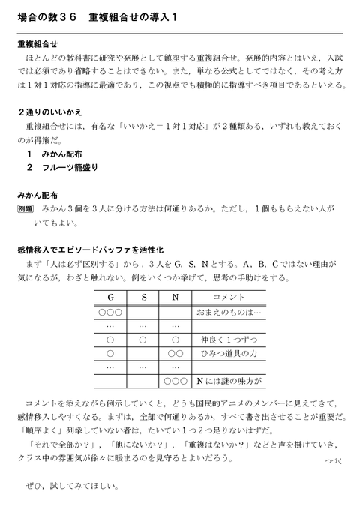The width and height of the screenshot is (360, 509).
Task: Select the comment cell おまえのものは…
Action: tap(228, 312)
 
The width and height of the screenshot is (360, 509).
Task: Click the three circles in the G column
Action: tap(110, 312)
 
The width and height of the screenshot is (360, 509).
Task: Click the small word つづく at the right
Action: tap(329, 463)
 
